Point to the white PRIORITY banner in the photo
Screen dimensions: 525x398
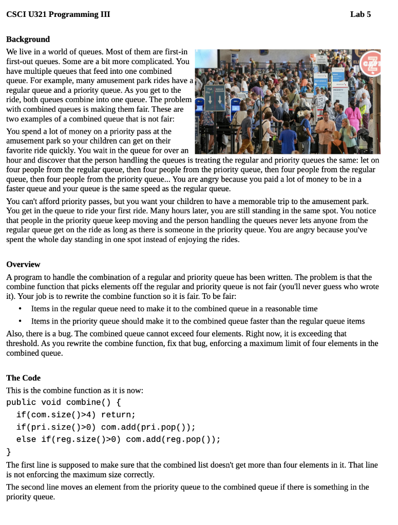click(338, 90)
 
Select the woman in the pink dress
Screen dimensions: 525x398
click(354, 116)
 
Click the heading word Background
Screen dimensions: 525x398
click(28, 39)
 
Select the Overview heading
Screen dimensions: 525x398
click(23, 265)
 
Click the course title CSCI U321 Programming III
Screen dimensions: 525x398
click(58, 14)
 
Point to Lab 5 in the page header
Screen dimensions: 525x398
click(360, 14)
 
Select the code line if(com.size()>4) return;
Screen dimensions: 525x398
click(75, 415)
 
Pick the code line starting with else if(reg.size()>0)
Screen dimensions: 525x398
click(118, 439)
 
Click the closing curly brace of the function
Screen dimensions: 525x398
click(8, 452)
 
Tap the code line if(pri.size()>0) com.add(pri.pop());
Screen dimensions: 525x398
click(106, 427)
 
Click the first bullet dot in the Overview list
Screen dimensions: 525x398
click(20, 309)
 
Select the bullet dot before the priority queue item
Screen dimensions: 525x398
click(20, 321)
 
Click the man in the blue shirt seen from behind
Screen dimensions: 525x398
click(288, 138)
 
